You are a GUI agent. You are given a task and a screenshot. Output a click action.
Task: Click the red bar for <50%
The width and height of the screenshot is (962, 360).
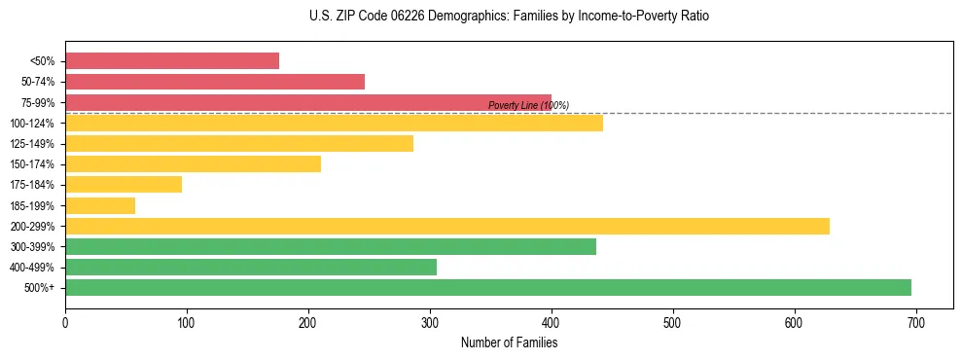click(x=172, y=61)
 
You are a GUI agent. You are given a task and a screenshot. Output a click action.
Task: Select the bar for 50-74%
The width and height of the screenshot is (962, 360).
click(x=215, y=82)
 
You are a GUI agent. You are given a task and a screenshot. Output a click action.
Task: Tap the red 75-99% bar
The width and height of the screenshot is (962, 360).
click(x=308, y=102)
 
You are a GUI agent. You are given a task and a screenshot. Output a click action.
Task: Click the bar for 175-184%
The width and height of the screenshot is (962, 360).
click(x=124, y=185)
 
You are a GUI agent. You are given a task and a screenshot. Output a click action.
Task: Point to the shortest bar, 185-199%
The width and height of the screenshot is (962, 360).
click(x=100, y=205)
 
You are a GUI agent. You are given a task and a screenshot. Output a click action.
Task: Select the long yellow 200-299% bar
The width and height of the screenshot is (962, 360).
click(x=447, y=226)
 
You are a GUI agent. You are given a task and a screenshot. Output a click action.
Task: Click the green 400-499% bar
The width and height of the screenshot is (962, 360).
click(x=251, y=268)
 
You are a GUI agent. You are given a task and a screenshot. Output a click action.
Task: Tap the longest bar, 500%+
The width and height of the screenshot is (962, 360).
click(x=488, y=288)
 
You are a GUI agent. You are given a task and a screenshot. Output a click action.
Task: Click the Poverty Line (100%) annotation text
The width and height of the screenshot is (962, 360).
click(x=528, y=105)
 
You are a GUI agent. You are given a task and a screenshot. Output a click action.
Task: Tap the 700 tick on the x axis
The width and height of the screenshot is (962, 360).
click(x=915, y=322)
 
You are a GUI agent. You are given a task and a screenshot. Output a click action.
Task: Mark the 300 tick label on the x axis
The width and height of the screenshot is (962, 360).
click(x=430, y=322)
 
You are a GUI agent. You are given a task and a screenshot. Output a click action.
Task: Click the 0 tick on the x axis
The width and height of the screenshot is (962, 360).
click(x=65, y=322)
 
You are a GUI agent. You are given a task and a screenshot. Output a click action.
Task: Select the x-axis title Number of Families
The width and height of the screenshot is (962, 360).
click(x=509, y=342)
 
